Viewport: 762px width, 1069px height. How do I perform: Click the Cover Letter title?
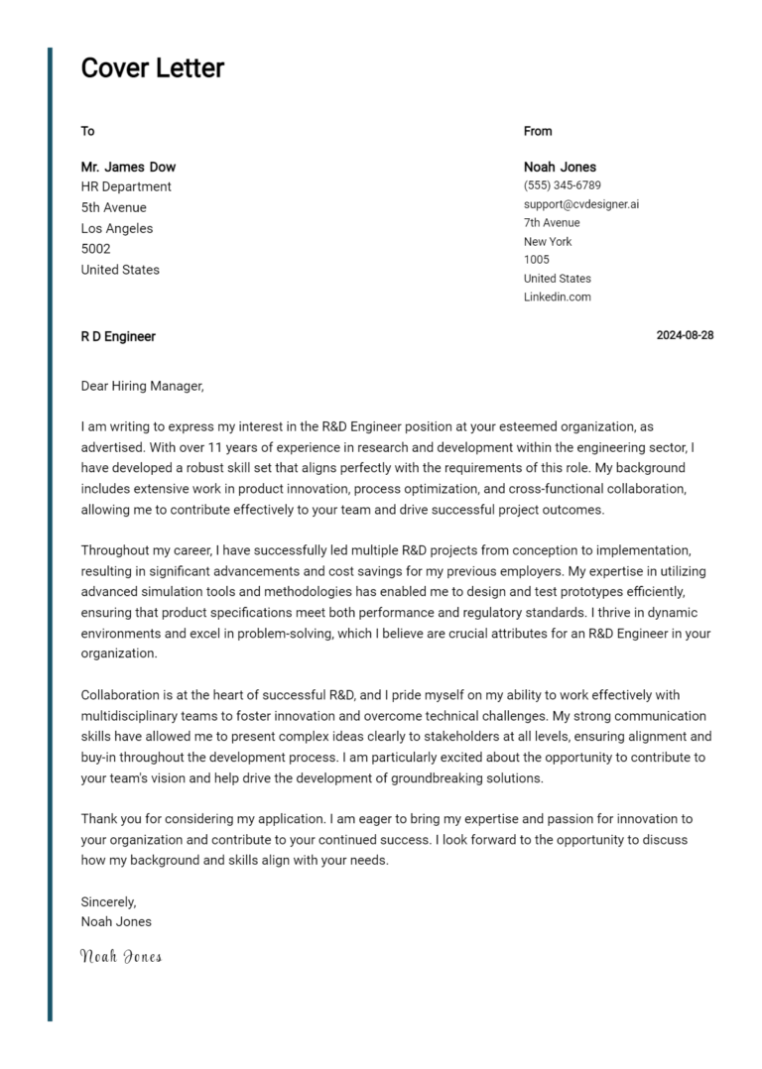(x=152, y=68)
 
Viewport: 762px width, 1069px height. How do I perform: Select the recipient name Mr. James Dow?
(x=128, y=167)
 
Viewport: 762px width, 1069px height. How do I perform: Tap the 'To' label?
(x=87, y=131)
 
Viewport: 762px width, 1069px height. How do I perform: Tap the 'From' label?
(x=538, y=131)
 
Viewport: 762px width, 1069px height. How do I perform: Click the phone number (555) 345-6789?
(x=562, y=185)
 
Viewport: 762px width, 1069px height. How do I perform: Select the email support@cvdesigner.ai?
(x=581, y=204)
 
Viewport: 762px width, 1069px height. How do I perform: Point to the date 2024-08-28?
(x=685, y=335)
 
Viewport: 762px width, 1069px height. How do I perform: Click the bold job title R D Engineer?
(x=118, y=336)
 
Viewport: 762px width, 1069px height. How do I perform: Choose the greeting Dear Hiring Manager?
(x=142, y=386)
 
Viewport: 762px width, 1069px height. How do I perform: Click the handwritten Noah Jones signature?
(x=120, y=957)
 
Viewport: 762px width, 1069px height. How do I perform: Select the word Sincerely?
(x=108, y=902)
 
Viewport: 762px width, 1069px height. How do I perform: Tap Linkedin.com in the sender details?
(x=557, y=297)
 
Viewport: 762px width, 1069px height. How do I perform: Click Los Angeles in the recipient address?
(x=117, y=228)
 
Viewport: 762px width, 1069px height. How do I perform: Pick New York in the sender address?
(x=548, y=241)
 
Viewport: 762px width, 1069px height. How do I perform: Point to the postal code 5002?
(x=95, y=249)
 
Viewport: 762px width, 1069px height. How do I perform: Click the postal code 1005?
(x=536, y=260)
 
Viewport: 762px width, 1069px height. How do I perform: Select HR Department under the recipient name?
(x=126, y=186)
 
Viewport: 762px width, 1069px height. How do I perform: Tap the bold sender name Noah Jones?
(x=560, y=167)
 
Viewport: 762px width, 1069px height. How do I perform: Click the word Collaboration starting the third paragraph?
(x=120, y=695)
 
